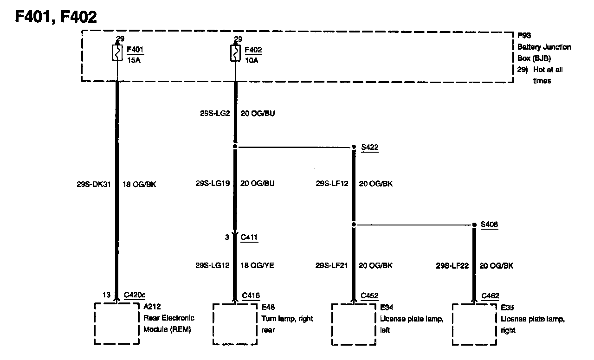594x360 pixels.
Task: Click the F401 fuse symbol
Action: click(x=117, y=53)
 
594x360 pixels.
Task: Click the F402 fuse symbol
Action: click(x=235, y=53)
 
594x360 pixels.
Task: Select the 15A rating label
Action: click(x=133, y=60)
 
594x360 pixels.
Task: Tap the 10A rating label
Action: click(x=251, y=60)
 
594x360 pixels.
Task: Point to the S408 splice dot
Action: click(x=474, y=225)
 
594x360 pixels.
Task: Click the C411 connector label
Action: click(x=249, y=238)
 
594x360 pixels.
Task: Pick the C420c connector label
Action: click(x=135, y=296)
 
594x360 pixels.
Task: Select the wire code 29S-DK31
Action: click(x=95, y=184)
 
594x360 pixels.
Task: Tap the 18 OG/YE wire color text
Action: click(x=258, y=266)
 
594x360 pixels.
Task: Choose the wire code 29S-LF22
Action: click(x=452, y=266)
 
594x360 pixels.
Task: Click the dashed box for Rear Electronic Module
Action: click(x=117, y=323)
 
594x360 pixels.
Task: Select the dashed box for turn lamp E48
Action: click(x=235, y=324)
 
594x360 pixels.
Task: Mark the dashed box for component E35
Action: click(x=474, y=324)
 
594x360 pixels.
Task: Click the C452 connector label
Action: click(x=369, y=296)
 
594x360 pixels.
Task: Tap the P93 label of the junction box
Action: click(x=524, y=35)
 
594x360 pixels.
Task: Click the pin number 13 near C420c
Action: click(x=106, y=295)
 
